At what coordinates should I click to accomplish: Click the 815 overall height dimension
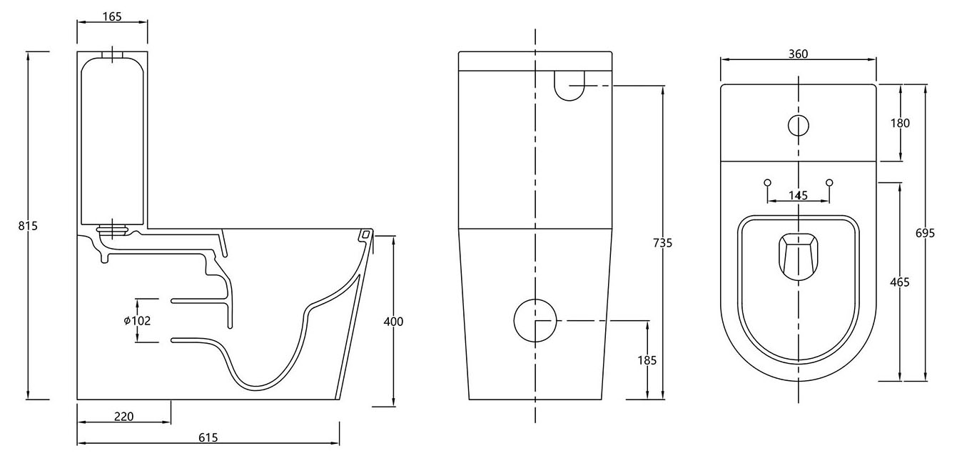coord(28,226)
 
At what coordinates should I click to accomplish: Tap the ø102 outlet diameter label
coord(136,321)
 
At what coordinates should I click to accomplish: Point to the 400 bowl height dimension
coord(393,322)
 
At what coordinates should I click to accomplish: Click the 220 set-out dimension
coord(123,416)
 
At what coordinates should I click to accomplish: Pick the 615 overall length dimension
coord(208,437)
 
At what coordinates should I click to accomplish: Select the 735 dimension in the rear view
coord(662,243)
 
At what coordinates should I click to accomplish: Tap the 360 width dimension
coord(798,55)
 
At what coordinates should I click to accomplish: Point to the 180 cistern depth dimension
coord(900,123)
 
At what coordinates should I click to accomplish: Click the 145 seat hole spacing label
coord(798,195)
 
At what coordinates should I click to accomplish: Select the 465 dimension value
coord(900,282)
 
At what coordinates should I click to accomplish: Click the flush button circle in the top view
coord(798,125)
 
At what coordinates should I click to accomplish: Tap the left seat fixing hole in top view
coord(767,183)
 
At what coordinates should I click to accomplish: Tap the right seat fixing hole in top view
coord(829,183)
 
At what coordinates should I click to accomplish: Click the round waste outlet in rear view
coord(535,320)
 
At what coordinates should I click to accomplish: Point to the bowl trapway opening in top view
coord(798,255)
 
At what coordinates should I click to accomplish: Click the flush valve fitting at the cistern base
coord(112,229)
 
